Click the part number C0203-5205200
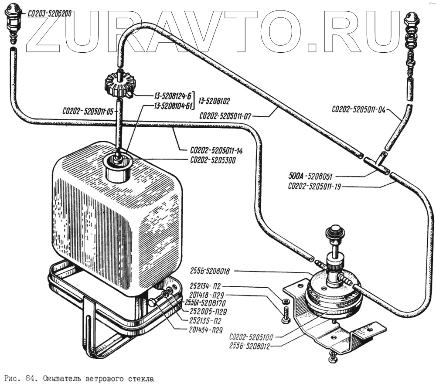pos(50,14)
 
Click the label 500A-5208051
pos(310,177)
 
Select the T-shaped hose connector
pos(377,163)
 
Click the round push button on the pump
pos(335,230)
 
